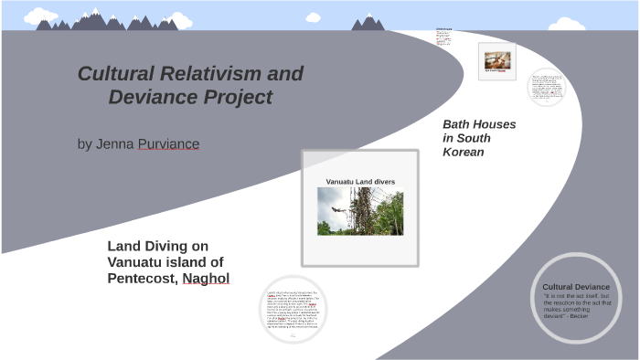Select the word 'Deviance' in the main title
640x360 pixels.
click(146, 97)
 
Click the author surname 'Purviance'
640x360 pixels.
click(168, 144)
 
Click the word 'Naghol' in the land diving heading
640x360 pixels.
click(206, 278)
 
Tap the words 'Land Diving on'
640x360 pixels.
click(157, 246)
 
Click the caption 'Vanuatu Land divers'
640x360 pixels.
click(360, 182)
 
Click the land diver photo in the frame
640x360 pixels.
click(360, 211)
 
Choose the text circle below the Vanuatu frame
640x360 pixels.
click(293, 309)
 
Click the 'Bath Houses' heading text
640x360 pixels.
click(479, 124)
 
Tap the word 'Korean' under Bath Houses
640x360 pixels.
click(463, 152)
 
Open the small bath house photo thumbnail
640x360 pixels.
click(496, 60)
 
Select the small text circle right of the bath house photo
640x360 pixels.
click(546, 88)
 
